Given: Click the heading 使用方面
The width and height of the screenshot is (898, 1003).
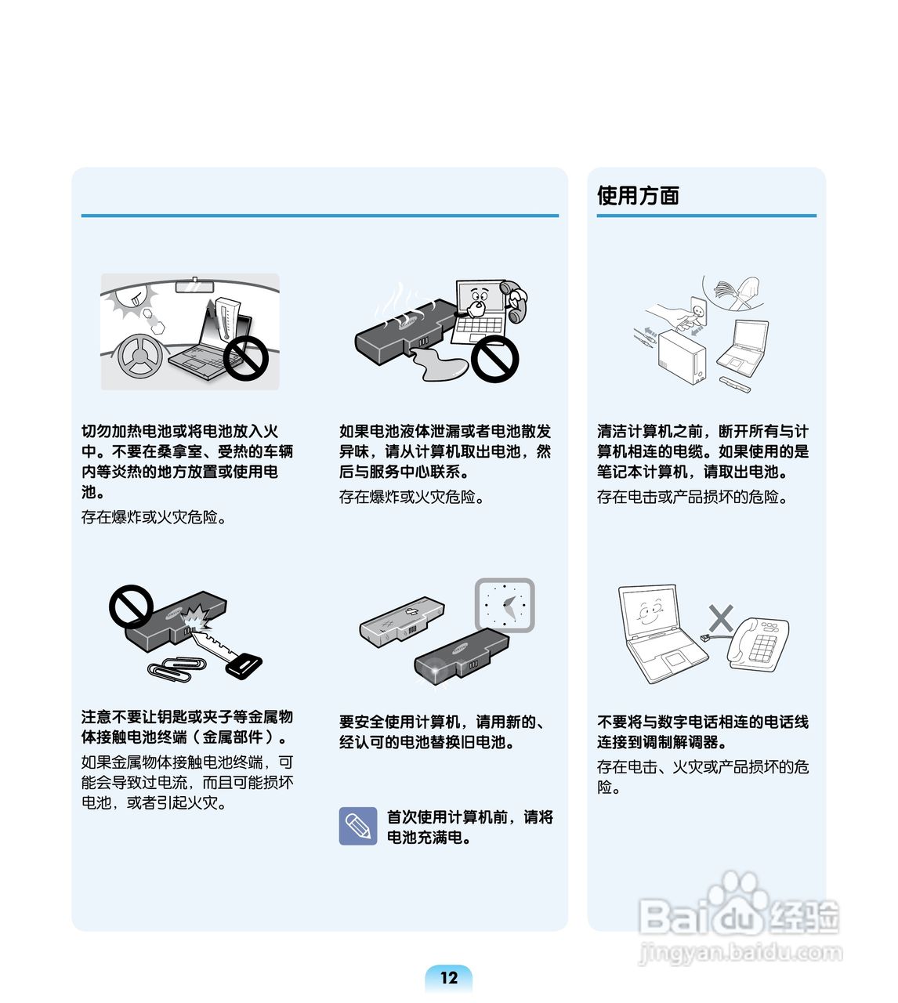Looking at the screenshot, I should (x=638, y=195).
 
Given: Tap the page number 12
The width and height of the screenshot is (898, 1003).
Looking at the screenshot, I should (x=448, y=977).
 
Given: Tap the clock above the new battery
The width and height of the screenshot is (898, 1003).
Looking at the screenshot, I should (x=505, y=605).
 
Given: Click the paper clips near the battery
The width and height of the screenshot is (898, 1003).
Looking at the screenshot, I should (x=177, y=667).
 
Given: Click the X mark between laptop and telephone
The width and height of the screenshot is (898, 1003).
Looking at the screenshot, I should (x=720, y=618).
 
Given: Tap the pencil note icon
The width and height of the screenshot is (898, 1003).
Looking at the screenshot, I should (x=357, y=826).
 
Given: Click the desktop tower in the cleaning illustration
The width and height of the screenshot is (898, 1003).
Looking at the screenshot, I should (x=681, y=357).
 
